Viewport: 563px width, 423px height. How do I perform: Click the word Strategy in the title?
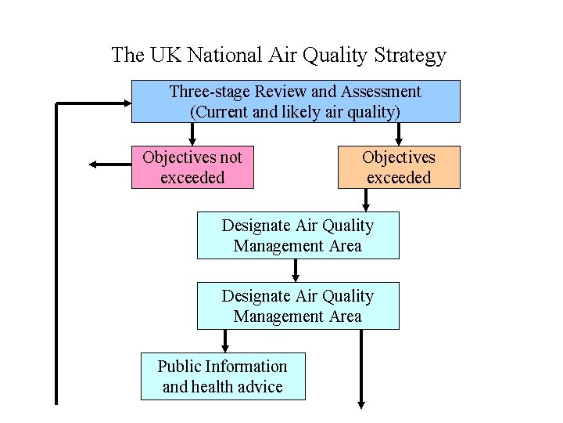410,56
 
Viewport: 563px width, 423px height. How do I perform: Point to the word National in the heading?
224,55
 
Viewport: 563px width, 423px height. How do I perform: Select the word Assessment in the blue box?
381,92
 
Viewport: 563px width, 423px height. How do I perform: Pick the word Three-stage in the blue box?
210,92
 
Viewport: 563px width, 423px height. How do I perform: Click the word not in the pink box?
231,158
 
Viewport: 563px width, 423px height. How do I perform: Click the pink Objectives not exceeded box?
192,168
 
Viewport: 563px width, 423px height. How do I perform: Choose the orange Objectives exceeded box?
399,168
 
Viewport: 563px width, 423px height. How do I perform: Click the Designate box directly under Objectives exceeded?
298,235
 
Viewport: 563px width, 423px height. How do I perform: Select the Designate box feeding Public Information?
298,305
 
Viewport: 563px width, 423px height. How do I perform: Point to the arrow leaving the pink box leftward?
110,164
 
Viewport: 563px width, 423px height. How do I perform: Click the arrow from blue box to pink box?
192,134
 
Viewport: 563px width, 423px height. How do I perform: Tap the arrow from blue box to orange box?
398,134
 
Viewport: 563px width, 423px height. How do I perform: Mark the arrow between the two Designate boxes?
295,270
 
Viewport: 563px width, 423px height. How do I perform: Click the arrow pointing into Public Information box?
225,341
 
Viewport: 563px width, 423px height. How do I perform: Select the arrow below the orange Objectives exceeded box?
365,200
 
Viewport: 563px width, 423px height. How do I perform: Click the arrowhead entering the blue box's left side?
127,103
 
